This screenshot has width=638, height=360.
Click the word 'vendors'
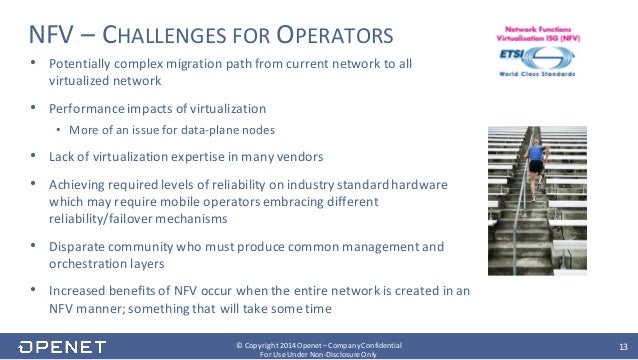coord(319,157)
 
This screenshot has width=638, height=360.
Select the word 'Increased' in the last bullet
coord(77,290)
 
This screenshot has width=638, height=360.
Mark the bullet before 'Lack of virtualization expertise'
coord(35,157)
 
